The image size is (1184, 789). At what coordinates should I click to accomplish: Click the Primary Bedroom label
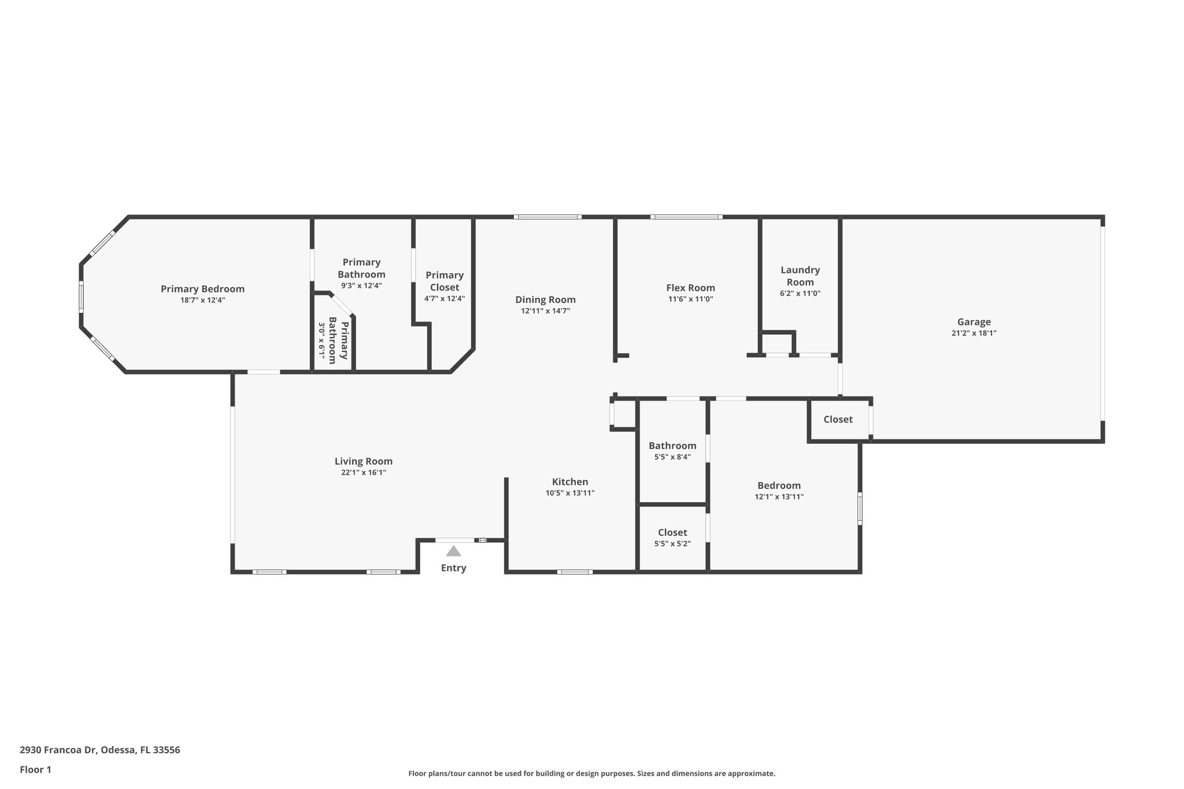(x=202, y=289)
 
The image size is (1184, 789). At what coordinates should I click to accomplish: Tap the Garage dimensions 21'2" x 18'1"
(x=974, y=334)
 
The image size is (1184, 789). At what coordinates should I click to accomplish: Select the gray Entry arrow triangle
(x=453, y=551)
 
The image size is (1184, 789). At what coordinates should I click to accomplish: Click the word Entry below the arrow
(x=453, y=568)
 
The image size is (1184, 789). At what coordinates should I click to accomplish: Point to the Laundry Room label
(x=800, y=276)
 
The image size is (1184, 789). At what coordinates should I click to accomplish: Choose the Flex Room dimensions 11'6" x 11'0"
(x=690, y=299)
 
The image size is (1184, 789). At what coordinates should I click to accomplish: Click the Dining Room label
(x=545, y=299)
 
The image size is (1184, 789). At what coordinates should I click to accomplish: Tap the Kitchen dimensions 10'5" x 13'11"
(x=569, y=493)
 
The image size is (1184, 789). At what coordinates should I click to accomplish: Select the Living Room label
(x=364, y=461)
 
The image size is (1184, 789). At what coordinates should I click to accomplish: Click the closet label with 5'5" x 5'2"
(x=672, y=532)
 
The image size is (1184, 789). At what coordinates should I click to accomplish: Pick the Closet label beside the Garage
(x=838, y=420)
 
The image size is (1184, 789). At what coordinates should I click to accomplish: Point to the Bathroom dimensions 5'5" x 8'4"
(x=672, y=457)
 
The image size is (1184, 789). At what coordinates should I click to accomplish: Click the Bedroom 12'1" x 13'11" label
(x=779, y=486)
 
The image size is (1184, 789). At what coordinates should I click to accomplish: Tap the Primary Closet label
(x=445, y=281)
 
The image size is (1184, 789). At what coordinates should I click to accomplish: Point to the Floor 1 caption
(x=35, y=770)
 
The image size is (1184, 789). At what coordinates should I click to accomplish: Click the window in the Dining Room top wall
(x=547, y=217)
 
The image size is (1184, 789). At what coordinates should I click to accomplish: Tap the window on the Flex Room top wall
(x=686, y=217)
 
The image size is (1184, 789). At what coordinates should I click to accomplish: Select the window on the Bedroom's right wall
(x=860, y=508)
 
